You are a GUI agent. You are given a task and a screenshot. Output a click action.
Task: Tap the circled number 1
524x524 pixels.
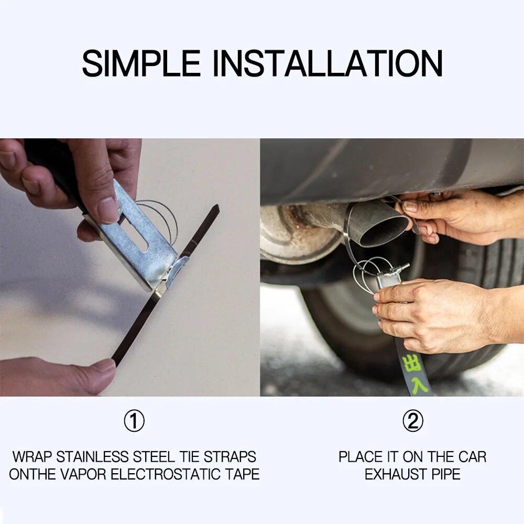(134, 421)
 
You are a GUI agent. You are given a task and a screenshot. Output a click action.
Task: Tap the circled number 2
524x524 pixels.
(412, 421)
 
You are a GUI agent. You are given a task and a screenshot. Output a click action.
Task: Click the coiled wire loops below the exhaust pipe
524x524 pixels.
(369, 272)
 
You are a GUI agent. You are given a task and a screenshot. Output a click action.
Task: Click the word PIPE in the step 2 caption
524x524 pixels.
(446, 475)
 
